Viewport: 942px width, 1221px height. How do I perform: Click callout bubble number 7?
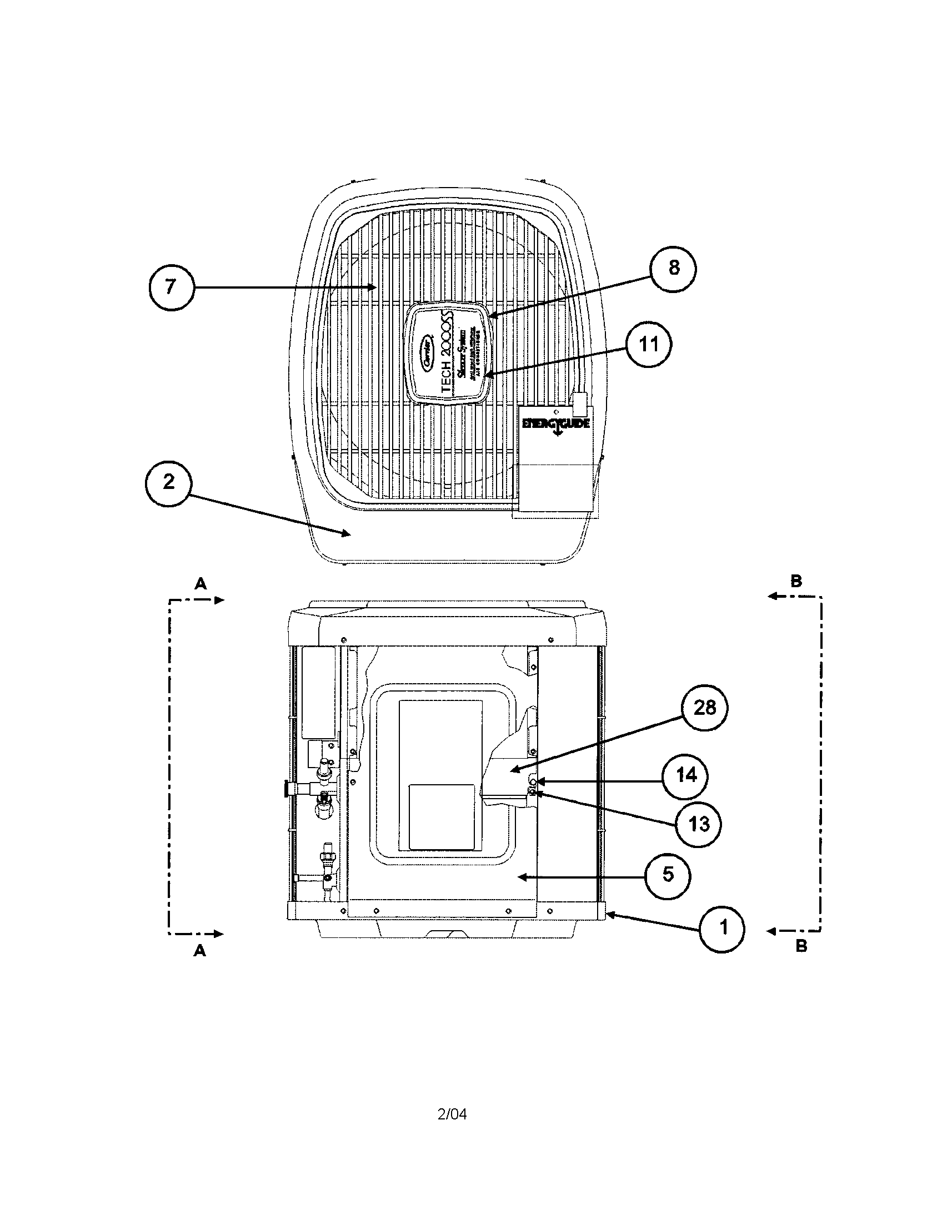[x=171, y=287]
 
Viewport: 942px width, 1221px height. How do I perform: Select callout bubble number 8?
[x=674, y=269]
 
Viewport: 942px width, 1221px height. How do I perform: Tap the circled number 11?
[x=649, y=344]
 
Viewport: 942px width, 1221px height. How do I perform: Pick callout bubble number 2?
[x=168, y=482]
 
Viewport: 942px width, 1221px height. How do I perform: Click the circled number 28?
[x=704, y=708]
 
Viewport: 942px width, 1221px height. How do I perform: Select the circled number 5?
[x=668, y=875]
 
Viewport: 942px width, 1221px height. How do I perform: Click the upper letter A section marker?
[x=201, y=584]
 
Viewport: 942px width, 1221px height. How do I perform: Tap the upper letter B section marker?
[x=796, y=581]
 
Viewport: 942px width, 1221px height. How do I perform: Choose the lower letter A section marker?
[x=200, y=950]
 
